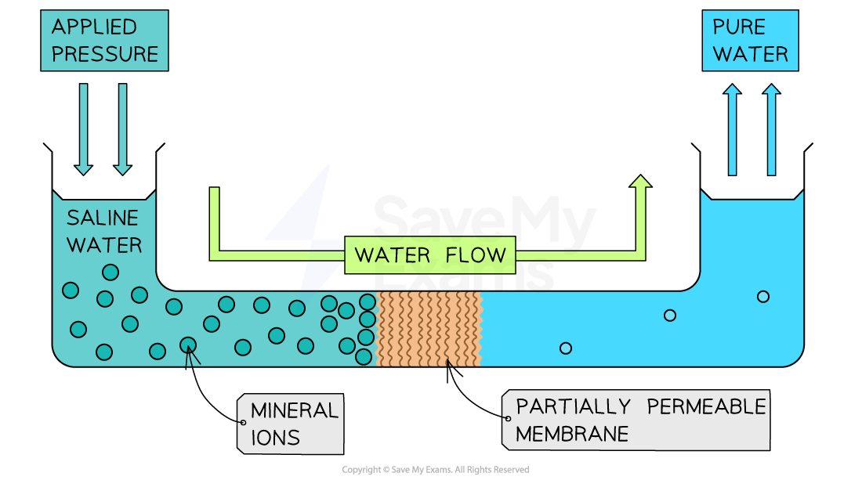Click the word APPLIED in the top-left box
click(x=94, y=27)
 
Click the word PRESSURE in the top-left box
click(x=104, y=55)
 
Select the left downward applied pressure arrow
click(x=84, y=128)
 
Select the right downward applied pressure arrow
click(x=122, y=128)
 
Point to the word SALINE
click(x=103, y=218)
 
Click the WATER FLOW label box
click(x=430, y=255)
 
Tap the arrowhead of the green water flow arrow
click(x=640, y=182)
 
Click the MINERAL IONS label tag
click(x=292, y=424)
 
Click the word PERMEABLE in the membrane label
click(x=706, y=407)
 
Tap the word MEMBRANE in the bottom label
click(x=572, y=434)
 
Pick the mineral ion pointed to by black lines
click(x=188, y=345)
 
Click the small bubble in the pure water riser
click(x=762, y=296)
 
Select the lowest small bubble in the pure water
click(x=566, y=348)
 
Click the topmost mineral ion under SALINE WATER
click(x=110, y=272)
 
